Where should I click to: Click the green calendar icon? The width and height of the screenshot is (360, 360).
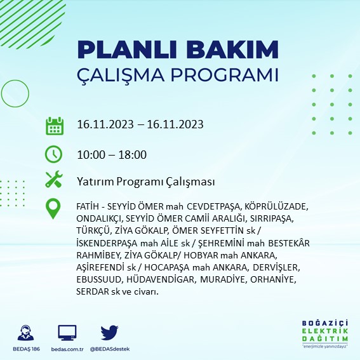(54, 126)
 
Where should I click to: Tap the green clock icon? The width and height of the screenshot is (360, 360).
(54, 154)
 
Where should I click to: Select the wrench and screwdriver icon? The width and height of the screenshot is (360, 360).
(54, 180)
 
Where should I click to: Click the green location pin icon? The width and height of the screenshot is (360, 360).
(54, 209)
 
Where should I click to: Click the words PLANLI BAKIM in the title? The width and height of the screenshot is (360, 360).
(177, 50)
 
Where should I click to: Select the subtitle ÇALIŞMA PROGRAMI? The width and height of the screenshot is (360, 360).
(177, 74)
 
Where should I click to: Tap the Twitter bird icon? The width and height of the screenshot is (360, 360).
(110, 332)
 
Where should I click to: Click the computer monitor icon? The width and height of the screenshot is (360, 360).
(67, 332)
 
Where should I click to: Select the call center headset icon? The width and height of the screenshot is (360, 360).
(26, 332)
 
